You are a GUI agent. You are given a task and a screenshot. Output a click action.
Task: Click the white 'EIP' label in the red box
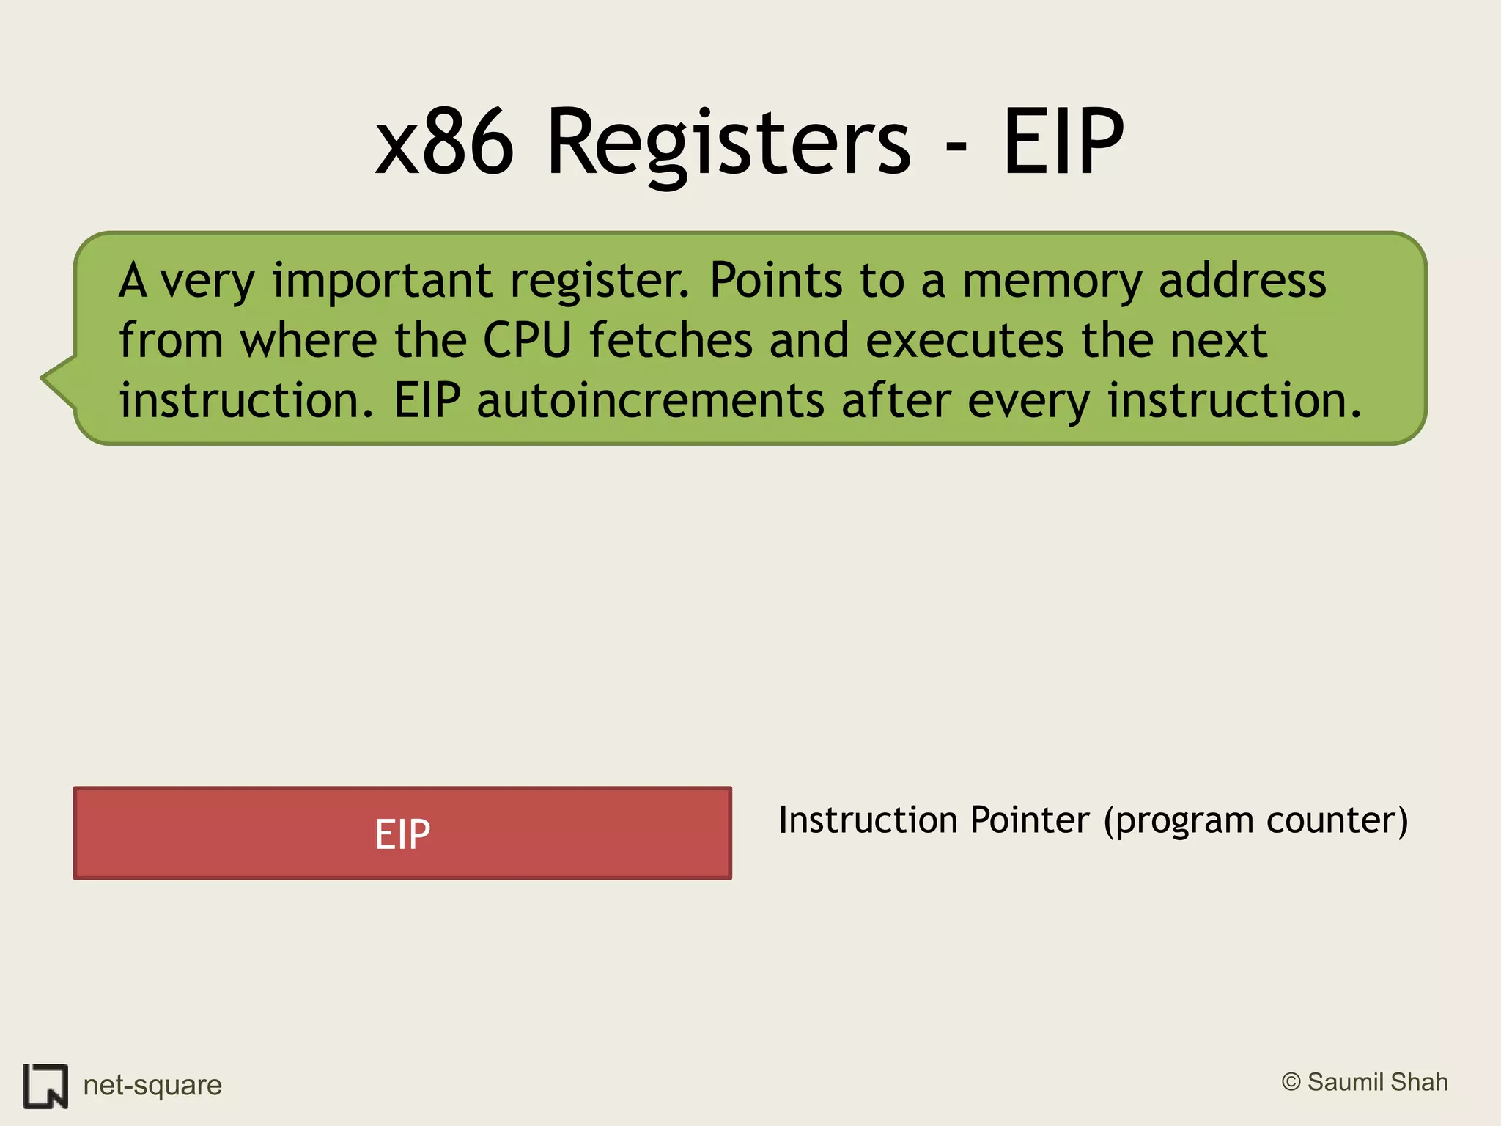[x=402, y=834]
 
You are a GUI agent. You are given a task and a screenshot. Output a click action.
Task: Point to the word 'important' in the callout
[x=382, y=281]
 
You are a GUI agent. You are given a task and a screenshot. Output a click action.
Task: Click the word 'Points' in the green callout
[x=776, y=281]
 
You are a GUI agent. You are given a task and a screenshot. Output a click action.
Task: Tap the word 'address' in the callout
[x=1242, y=281]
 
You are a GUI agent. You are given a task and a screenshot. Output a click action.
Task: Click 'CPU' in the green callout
[x=527, y=341]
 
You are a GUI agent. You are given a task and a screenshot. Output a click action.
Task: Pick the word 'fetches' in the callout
[x=671, y=341]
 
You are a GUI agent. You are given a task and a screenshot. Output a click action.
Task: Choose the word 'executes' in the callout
[x=964, y=341]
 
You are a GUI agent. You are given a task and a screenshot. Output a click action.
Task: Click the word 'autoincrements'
[x=650, y=401]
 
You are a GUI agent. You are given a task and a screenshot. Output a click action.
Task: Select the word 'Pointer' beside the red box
[x=1030, y=820]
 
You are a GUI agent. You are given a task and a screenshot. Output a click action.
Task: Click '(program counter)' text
[x=1256, y=821]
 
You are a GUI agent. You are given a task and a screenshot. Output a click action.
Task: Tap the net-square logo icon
[x=45, y=1085]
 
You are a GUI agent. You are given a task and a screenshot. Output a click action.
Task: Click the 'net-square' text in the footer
[x=152, y=1085]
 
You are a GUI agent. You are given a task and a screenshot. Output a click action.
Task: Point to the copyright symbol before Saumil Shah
[x=1291, y=1082]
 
